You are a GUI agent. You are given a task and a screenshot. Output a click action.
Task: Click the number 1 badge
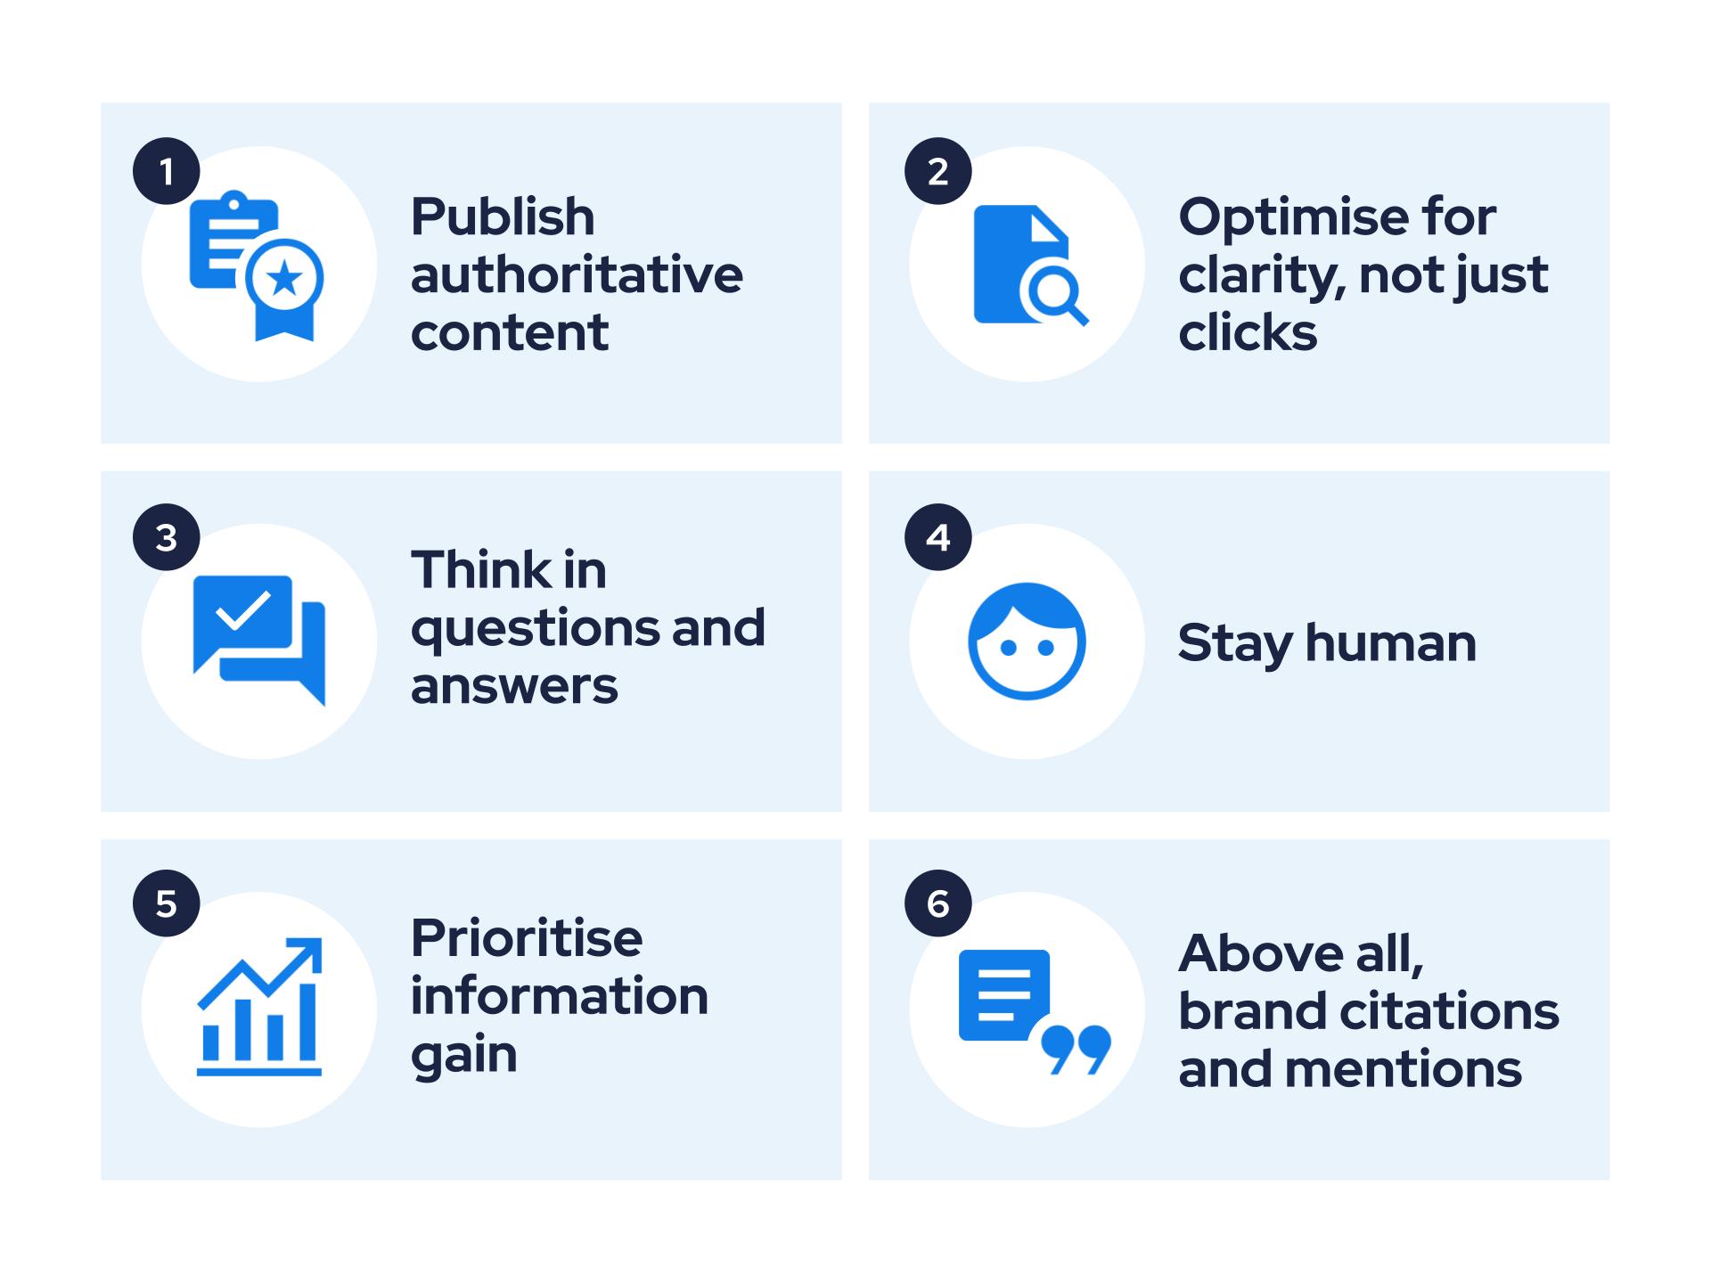pos(167,171)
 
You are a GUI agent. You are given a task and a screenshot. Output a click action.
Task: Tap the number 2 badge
pos(937,171)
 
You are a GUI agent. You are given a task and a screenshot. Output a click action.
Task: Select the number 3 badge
pos(167,537)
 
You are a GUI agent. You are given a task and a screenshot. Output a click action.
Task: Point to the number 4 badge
pos(937,537)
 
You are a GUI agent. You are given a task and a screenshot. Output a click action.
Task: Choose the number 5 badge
pos(167,903)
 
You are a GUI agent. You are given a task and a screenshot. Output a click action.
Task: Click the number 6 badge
pos(937,903)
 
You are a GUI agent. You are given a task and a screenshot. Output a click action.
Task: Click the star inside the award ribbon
pos(285,279)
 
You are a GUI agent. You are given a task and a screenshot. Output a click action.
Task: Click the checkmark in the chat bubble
pos(243,609)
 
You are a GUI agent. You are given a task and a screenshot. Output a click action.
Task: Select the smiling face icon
pos(1027,641)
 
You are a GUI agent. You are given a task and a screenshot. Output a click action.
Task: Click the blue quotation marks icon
pos(1077,1049)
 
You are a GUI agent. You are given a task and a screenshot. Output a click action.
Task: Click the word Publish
pos(503,217)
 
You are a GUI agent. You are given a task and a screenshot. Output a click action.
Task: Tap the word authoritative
pos(577,274)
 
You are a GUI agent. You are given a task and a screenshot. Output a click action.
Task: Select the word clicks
pos(1248,332)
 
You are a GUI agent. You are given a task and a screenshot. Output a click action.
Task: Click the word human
pos(1390,642)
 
